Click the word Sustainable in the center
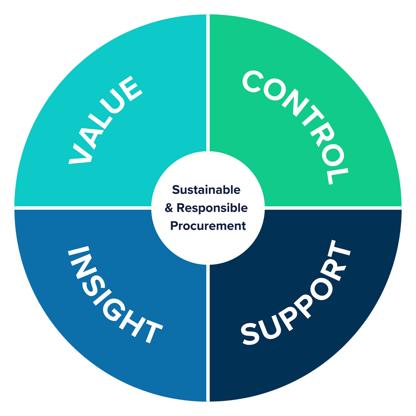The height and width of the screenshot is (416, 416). click(x=206, y=190)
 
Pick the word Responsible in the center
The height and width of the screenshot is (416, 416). click(x=212, y=208)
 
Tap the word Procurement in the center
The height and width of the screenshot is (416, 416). click(x=208, y=226)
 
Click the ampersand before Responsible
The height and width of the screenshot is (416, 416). click(x=169, y=208)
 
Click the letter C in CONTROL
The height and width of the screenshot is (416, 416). click(x=253, y=81)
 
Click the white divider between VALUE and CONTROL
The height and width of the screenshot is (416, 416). click(x=208, y=83)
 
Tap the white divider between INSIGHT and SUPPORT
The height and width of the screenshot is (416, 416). click(x=208, y=333)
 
